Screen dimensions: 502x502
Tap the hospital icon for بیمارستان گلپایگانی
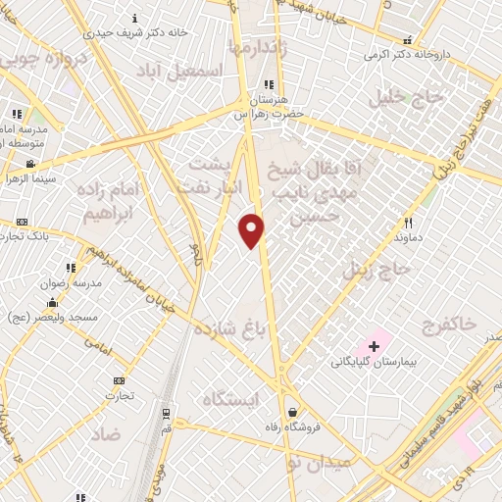click(x=374, y=346)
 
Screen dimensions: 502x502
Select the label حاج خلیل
click(x=407, y=98)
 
